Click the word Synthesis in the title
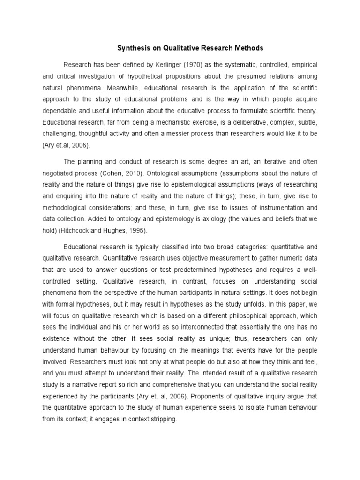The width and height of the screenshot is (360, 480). tap(132, 48)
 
